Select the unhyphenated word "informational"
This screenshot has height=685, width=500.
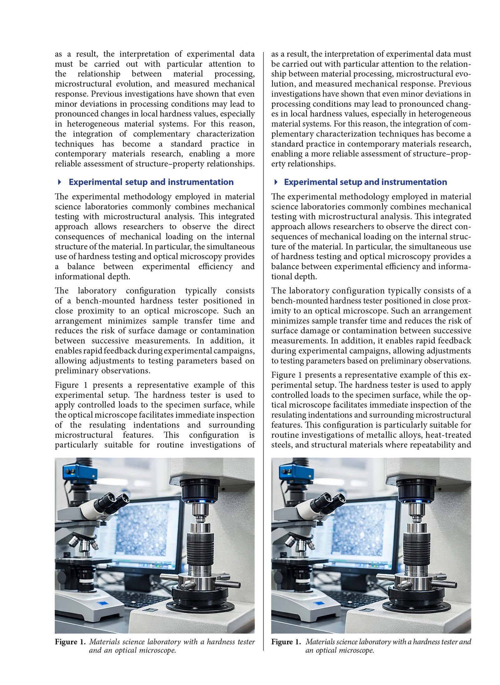click(x=75, y=276)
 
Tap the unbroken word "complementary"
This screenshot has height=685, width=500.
click(x=161, y=134)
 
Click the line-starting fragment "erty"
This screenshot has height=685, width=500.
click(x=278, y=164)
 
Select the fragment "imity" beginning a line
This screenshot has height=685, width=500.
click(x=280, y=311)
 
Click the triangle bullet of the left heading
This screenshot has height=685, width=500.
click(x=59, y=182)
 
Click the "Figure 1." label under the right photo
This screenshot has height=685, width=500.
click(x=286, y=642)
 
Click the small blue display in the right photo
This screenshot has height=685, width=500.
click(x=320, y=604)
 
